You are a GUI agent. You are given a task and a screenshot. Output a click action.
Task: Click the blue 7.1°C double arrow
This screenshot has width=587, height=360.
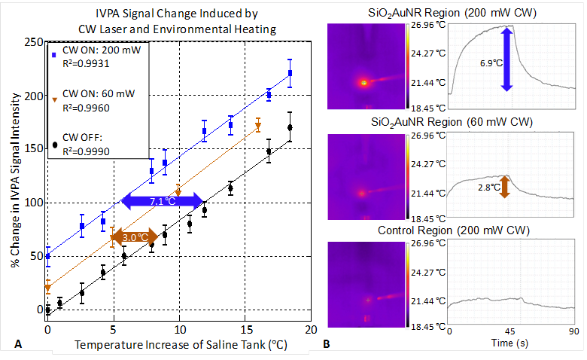[x=163, y=201]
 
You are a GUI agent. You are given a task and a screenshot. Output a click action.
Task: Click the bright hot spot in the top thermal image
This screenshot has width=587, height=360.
[x=364, y=82]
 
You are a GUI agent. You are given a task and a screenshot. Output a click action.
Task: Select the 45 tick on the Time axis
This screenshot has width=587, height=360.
[x=511, y=331]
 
